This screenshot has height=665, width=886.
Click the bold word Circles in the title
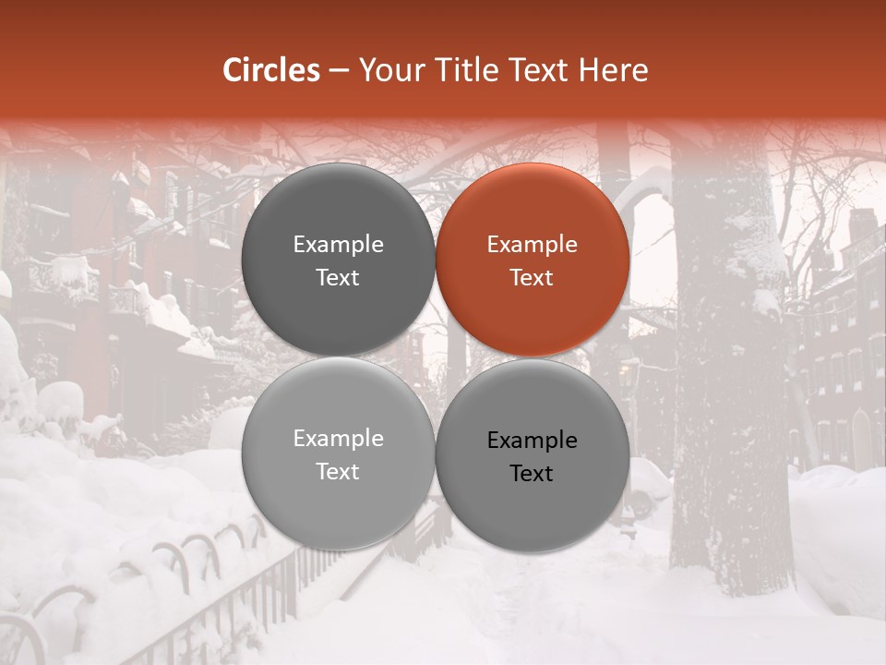[271, 70]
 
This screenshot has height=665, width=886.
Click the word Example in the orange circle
[532, 245]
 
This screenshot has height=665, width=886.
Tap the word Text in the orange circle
[532, 278]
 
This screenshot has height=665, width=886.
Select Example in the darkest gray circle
[338, 245]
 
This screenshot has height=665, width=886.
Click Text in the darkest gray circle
[338, 278]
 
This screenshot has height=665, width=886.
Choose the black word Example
[532, 441]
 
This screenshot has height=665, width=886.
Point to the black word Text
[532, 474]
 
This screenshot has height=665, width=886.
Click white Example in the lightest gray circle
[338, 439]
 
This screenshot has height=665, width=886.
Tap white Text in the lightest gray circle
[338, 472]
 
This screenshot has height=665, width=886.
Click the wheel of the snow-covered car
[639, 504]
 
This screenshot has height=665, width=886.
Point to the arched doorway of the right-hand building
[861, 439]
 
